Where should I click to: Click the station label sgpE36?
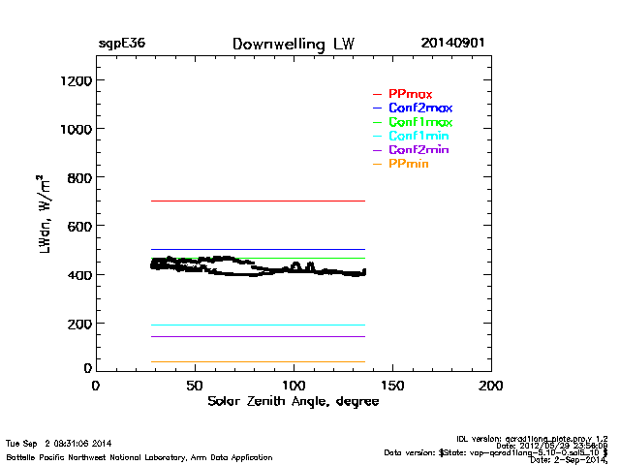(121, 45)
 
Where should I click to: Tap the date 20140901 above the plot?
(453, 45)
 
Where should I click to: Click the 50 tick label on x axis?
(195, 386)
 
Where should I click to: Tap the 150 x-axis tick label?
(392, 386)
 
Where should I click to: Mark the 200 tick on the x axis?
(491, 386)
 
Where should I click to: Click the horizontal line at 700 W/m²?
(257, 201)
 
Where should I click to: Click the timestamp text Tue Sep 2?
(58, 443)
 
